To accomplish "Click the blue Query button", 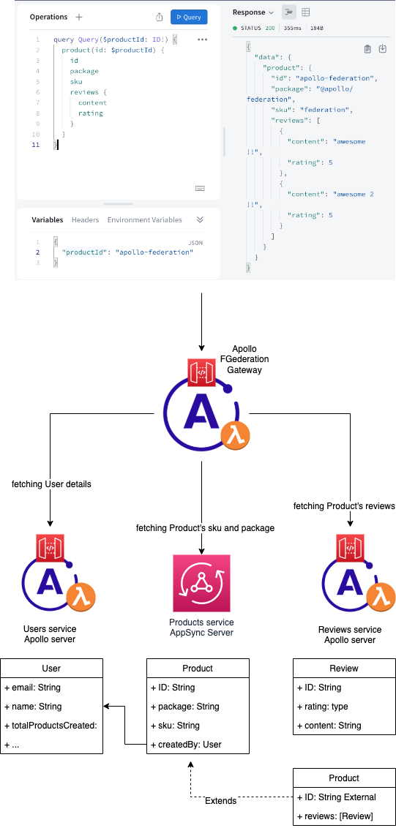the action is tap(189, 17).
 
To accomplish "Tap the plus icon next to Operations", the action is tap(79, 17).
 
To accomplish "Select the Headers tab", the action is tap(85, 219).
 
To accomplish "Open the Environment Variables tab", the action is tap(144, 219).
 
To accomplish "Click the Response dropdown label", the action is tap(253, 12).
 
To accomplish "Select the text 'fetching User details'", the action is tap(51, 483).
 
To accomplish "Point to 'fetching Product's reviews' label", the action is tap(344, 506).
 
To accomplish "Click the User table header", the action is tap(51, 668).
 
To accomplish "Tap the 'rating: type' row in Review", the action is tap(344, 707).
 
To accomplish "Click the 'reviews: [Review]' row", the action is tap(344, 816).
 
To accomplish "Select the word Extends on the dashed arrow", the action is tap(220, 801).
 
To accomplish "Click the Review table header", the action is tap(344, 668).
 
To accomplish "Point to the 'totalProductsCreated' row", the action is tap(51, 726).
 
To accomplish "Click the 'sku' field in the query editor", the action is tap(76, 82).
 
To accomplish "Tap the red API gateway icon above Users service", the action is tap(50, 548).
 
